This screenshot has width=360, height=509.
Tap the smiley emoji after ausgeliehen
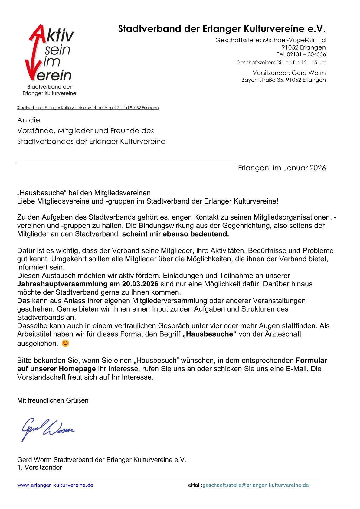[65, 343]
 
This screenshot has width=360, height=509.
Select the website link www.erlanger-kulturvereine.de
[55, 485]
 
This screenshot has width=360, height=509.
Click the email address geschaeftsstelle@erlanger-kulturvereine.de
[256, 485]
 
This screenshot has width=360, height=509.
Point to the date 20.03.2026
[140, 284]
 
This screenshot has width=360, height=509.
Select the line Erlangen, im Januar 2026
[282, 168]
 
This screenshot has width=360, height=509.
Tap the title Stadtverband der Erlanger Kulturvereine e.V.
[222, 29]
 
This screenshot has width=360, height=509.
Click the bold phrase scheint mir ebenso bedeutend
[175, 234]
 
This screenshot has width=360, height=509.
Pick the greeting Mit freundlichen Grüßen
[53, 400]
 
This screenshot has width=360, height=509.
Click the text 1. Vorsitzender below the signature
[40, 467]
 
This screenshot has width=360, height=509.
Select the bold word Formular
[311, 360]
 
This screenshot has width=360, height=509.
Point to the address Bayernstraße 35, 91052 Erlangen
[283, 80]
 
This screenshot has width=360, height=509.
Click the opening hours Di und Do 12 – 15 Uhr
[301, 63]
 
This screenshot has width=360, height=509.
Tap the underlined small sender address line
[88, 108]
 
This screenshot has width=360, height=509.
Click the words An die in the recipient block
[29, 120]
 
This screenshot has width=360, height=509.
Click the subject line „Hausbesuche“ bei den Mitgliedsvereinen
[84, 193]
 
